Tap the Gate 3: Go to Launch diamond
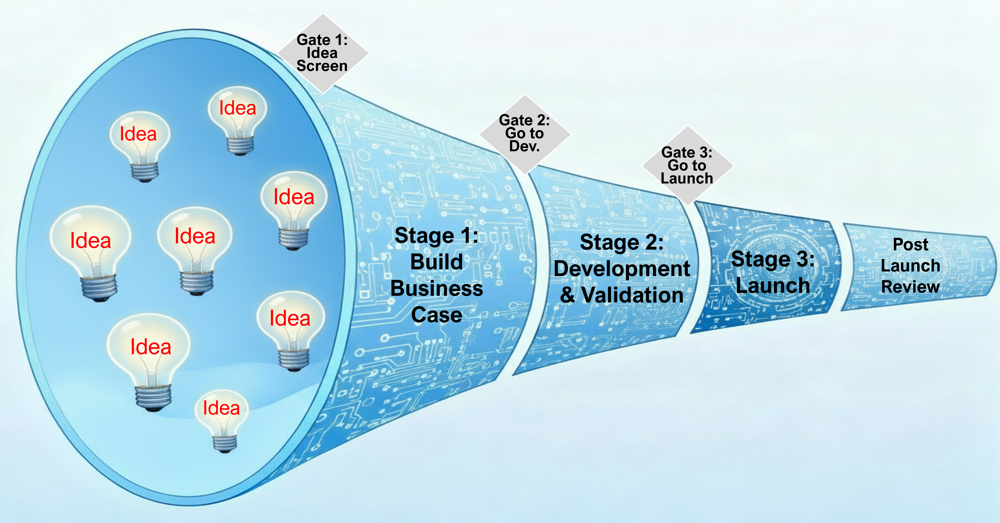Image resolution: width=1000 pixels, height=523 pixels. point(688,165)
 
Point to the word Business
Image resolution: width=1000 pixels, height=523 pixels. point(437,289)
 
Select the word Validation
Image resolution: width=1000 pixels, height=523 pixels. point(632,295)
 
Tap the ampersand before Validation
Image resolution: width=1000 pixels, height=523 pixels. point(568,295)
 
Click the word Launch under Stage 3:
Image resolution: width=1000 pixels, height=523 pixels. point(773,285)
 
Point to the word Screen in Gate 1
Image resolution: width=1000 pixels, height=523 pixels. point(322,66)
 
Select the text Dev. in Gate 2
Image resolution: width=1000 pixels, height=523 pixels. point(525,146)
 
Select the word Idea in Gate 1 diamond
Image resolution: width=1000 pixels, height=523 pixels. point(322,53)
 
